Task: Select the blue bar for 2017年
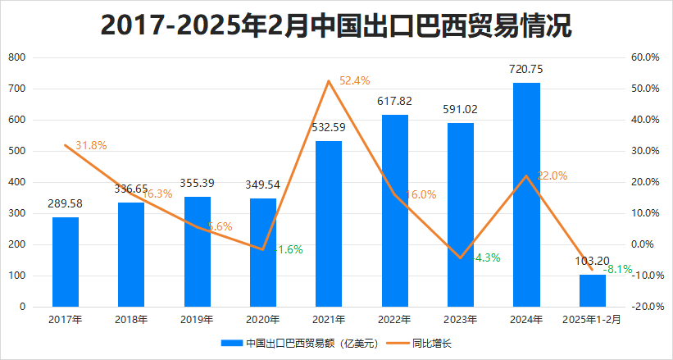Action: click(66, 262)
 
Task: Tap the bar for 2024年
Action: click(526, 194)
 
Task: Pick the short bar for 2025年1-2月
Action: click(592, 291)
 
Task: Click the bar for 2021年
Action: click(329, 224)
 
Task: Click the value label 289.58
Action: click(66, 203)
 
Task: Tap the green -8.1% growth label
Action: click(617, 268)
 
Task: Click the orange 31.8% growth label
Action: click(91, 145)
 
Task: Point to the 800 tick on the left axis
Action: click(16, 58)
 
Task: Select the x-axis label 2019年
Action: click(197, 320)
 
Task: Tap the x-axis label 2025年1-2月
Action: click(592, 320)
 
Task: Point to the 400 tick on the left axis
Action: click(16, 182)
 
